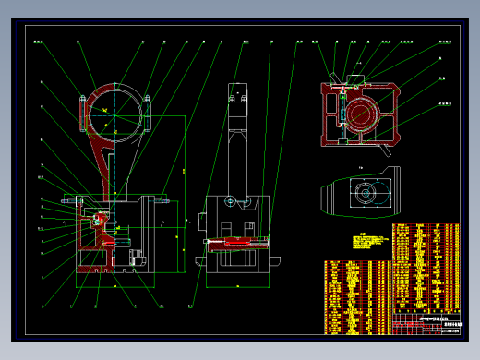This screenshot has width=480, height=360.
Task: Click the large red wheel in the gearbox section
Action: (x=358, y=114)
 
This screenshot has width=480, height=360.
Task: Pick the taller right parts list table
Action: (x=425, y=268)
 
